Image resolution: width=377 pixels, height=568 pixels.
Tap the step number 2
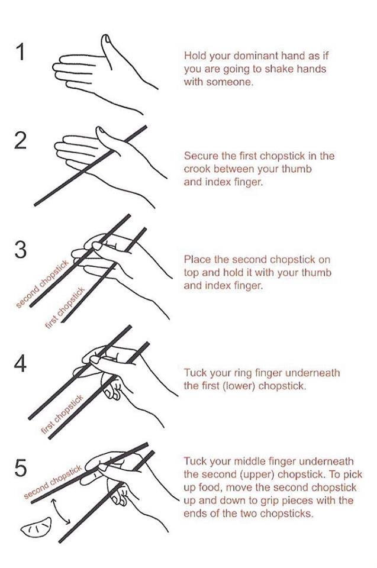(21, 141)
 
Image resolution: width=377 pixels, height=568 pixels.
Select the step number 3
(21, 250)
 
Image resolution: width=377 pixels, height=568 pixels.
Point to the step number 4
(20, 363)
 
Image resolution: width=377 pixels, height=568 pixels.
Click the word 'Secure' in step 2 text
(201, 156)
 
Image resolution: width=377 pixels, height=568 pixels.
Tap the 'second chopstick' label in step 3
(42, 285)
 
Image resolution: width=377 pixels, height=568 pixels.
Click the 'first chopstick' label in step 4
(62, 414)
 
